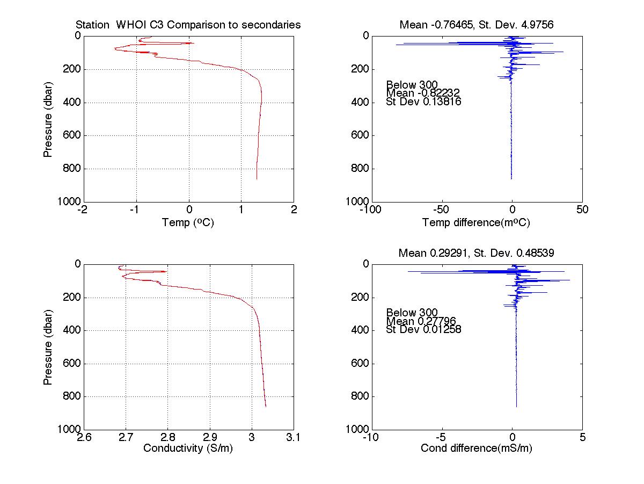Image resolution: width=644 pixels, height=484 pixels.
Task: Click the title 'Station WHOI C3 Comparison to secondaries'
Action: (x=188, y=25)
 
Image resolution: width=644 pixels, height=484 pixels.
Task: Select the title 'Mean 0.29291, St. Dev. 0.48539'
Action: (x=477, y=252)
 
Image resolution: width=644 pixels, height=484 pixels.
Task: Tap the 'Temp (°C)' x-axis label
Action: (x=188, y=222)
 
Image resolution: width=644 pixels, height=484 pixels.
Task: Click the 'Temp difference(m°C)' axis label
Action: (x=476, y=222)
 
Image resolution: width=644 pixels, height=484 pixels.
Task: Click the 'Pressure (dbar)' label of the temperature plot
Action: (x=48, y=118)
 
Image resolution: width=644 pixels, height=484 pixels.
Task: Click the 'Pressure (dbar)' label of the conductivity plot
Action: (x=48, y=346)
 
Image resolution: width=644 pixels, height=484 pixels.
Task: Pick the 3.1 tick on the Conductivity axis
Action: (x=293, y=437)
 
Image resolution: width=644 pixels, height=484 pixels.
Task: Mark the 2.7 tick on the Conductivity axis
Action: (x=126, y=437)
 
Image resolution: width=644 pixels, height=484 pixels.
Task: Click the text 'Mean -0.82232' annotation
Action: (x=423, y=93)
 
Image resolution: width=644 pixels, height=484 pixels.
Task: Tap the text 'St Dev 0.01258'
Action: (x=423, y=329)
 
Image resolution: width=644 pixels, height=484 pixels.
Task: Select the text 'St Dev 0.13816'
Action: (x=423, y=102)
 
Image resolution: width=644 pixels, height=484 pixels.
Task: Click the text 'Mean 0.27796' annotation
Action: (x=421, y=321)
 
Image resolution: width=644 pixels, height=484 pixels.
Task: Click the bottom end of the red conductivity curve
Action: (x=266, y=407)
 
